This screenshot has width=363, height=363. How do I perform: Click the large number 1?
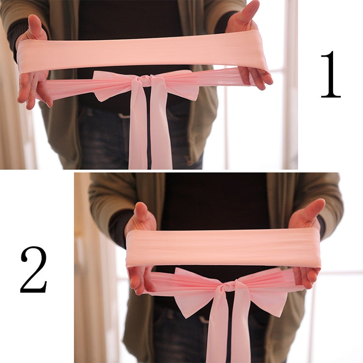pos(331,75)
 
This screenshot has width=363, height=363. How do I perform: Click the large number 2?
pos(33,270)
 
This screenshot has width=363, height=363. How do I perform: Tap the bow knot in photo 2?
pos(228,287)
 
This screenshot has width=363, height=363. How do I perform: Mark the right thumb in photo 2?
pos(311,211)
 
